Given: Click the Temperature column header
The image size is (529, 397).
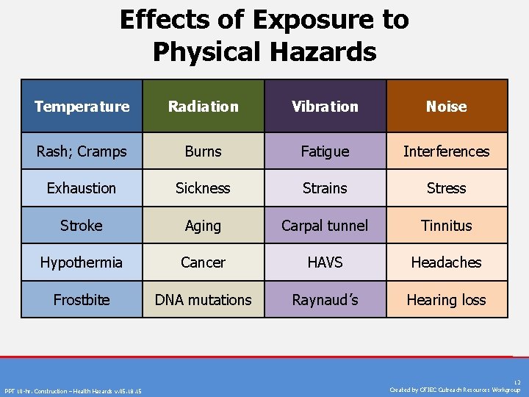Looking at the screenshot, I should (x=82, y=107).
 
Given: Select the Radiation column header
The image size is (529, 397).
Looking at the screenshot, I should (x=203, y=107).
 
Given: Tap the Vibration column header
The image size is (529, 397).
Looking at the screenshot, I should (x=325, y=107).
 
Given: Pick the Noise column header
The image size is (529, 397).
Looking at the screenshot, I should (x=447, y=107).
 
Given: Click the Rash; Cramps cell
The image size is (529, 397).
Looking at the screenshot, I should (x=82, y=151).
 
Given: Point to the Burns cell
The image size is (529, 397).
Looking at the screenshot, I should (x=203, y=151).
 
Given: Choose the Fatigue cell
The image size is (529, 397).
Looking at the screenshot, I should (x=325, y=151).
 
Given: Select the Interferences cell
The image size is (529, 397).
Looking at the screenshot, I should (x=447, y=151).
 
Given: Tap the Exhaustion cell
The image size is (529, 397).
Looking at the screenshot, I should (x=82, y=188).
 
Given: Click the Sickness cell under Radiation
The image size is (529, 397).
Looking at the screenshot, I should (x=203, y=188).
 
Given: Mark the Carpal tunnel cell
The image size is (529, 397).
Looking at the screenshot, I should (x=325, y=226).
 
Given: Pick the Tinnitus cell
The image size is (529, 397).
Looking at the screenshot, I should (x=447, y=226).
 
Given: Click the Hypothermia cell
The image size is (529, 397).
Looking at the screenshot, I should (x=82, y=262).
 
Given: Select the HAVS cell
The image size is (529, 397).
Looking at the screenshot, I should (x=325, y=262).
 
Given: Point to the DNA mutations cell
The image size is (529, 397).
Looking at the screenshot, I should (x=203, y=300).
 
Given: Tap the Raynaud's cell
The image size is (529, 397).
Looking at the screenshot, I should (x=325, y=300).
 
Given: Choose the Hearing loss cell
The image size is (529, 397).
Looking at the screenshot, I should (x=447, y=300).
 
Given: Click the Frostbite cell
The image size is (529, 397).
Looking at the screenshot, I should (x=82, y=300).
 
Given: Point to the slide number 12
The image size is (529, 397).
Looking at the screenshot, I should (x=517, y=382).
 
